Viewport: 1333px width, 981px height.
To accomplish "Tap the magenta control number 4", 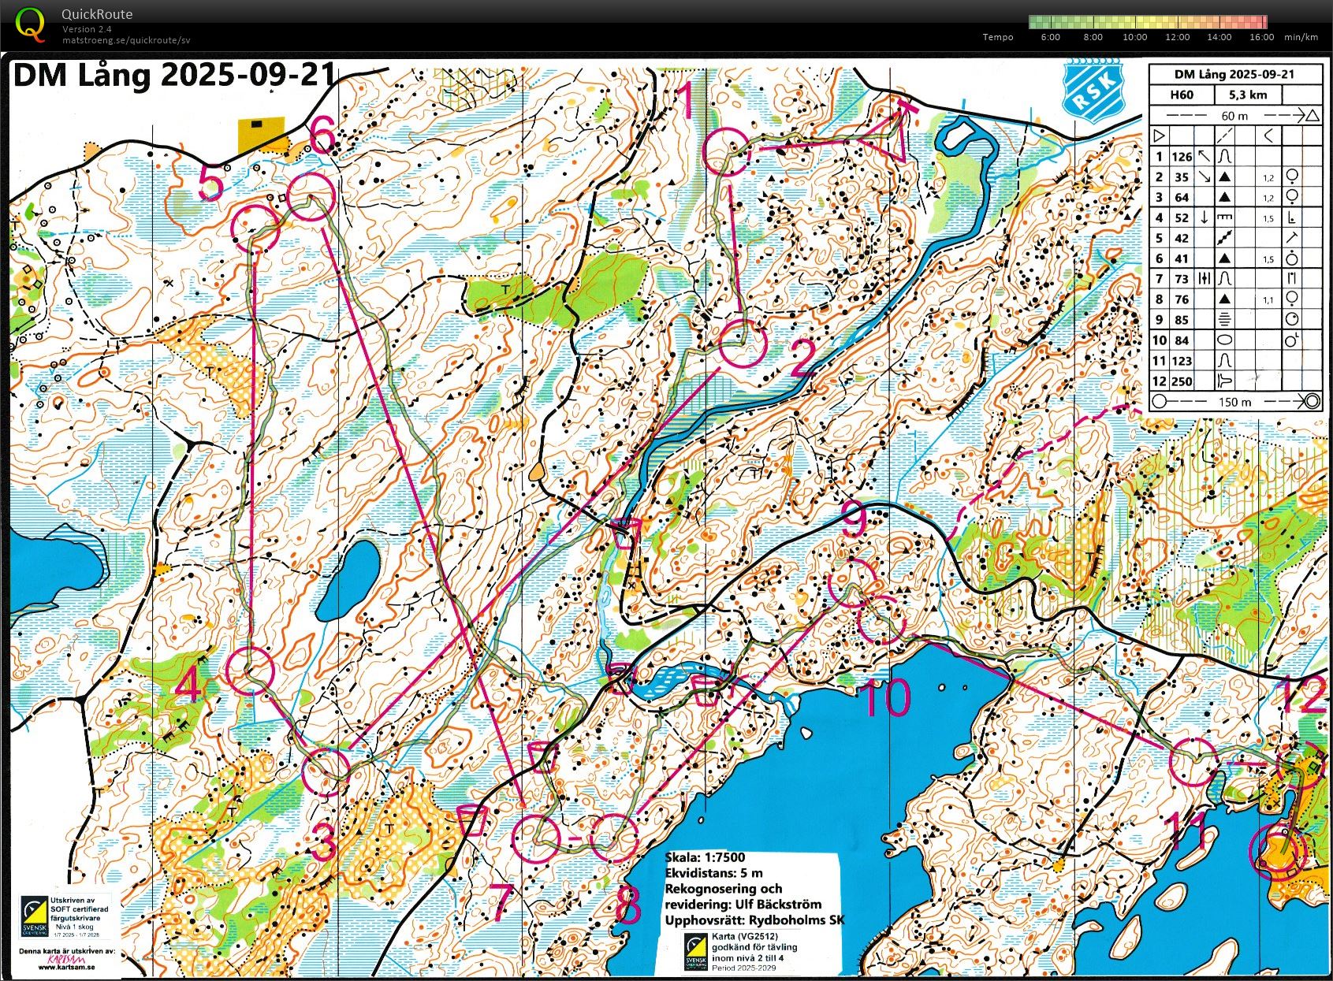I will click(188, 688).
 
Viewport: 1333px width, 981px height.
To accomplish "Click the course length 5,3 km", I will click(1246, 95).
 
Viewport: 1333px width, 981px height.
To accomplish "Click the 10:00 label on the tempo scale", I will click(1134, 37).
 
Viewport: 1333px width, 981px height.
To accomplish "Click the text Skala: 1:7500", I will click(704, 857).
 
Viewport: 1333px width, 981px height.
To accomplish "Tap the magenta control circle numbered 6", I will click(311, 196).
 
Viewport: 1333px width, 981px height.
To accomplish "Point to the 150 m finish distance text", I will click(1234, 401).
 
